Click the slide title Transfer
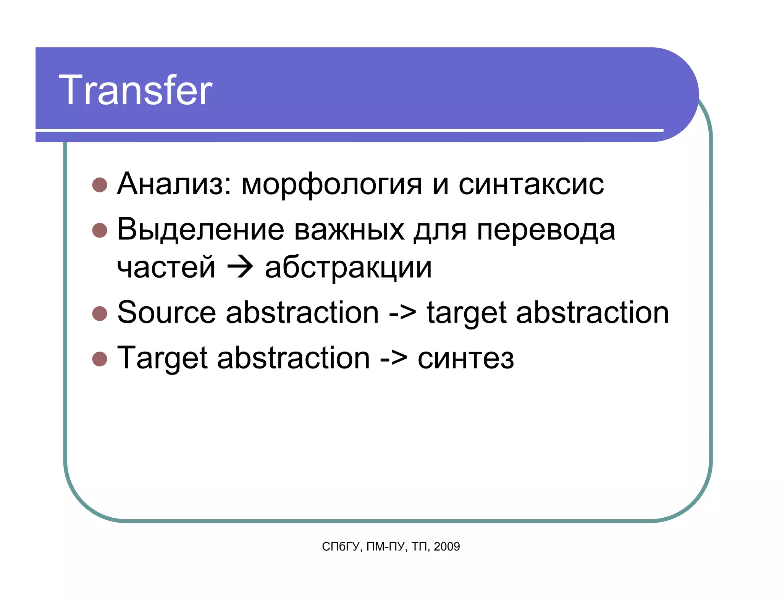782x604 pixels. pyautogui.click(x=136, y=90)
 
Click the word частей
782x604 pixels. pyautogui.click(x=166, y=268)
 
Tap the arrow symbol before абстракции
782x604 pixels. pyautogui.click(x=240, y=267)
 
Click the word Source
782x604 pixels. pyautogui.click(x=166, y=313)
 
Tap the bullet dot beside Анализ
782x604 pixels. pyautogui.click(x=100, y=185)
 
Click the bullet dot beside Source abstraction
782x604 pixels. pyautogui.click(x=100, y=313)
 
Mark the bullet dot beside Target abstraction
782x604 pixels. pyautogui.click(x=100, y=359)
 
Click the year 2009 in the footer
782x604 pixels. pyautogui.click(x=447, y=547)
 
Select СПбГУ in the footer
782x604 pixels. pyautogui.click(x=341, y=547)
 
